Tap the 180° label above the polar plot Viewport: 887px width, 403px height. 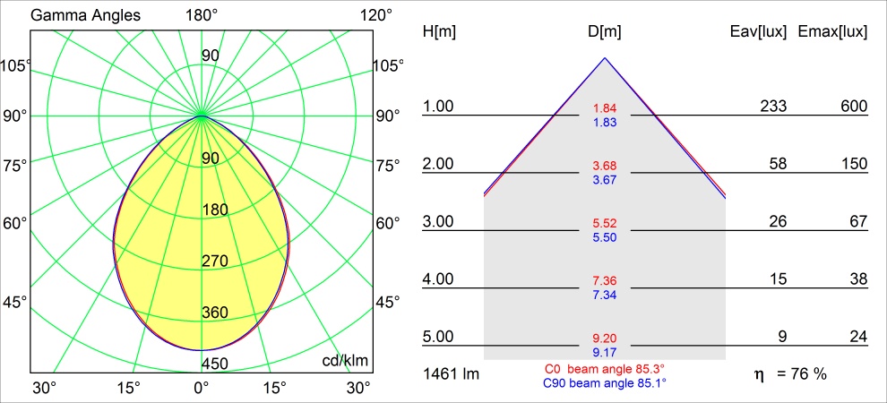pyautogui.click(x=202, y=16)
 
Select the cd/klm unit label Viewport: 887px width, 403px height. pyautogui.click(x=345, y=360)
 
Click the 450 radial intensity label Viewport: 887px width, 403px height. pyautogui.click(x=215, y=364)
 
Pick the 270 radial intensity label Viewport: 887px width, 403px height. pyautogui.click(x=215, y=262)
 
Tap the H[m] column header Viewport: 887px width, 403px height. pyautogui.click(x=439, y=31)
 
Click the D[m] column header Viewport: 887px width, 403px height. pyautogui.click(x=605, y=31)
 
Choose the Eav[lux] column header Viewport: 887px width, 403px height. pyautogui.click(x=759, y=31)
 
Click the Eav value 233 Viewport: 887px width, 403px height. pyautogui.click(x=772, y=107)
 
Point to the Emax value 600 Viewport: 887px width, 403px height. pyautogui.click(x=854, y=107)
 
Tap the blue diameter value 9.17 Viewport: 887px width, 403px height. pyautogui.click(x=605, y=352)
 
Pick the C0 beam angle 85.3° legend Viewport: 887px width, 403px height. pyautogui.click(x=605, y=369)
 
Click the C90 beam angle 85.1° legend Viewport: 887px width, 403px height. pyautogui.click(x=605, y=382)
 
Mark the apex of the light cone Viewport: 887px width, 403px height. pyautogui.click(x=605, y=58)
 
